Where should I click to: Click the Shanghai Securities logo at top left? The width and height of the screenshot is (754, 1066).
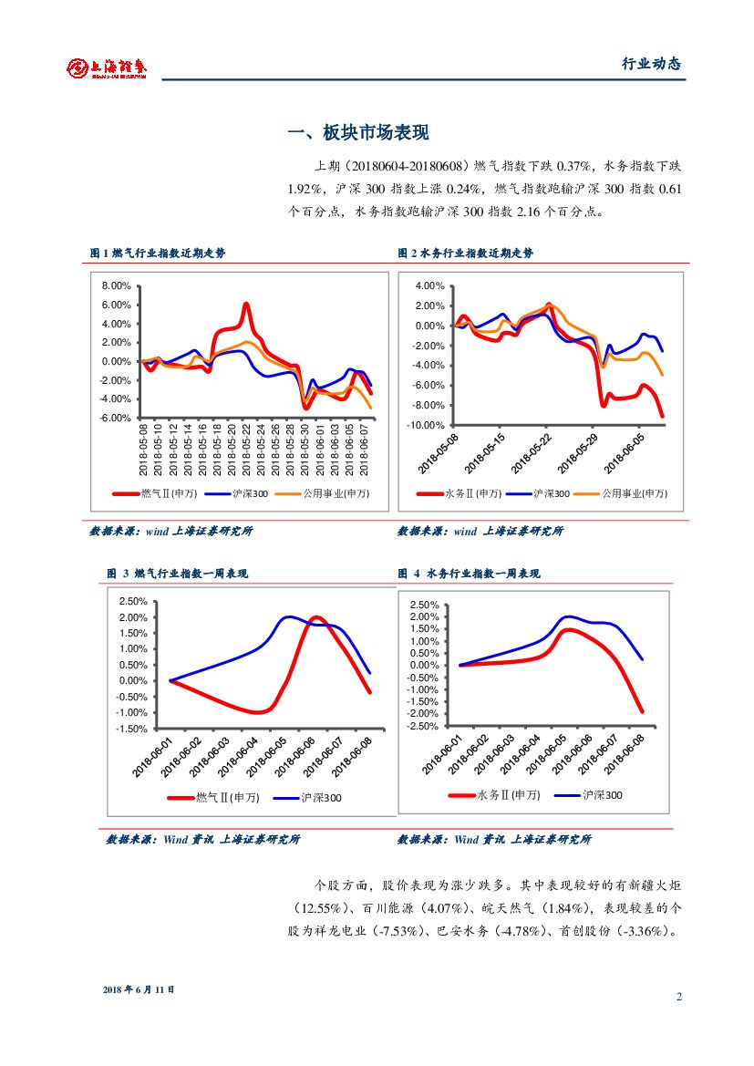click(106, 67)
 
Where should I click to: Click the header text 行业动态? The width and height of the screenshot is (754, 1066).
click(651, 64)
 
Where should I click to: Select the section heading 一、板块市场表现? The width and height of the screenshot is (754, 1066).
click(357, 133)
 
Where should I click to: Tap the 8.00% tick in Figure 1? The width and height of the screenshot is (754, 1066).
click(117, 285)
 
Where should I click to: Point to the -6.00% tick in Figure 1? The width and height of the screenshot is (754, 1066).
click(116, 418)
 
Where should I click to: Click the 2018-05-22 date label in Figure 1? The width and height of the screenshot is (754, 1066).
click(246, 450)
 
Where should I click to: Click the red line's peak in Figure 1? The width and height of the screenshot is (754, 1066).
click(246, 304)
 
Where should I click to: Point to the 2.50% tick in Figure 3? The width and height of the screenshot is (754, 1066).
click(133, 601)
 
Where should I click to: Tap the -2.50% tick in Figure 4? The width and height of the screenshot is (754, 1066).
click(425, 726)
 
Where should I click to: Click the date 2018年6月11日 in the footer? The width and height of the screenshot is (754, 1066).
click(139, 988)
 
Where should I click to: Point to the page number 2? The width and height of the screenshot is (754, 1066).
click(679, 996)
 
